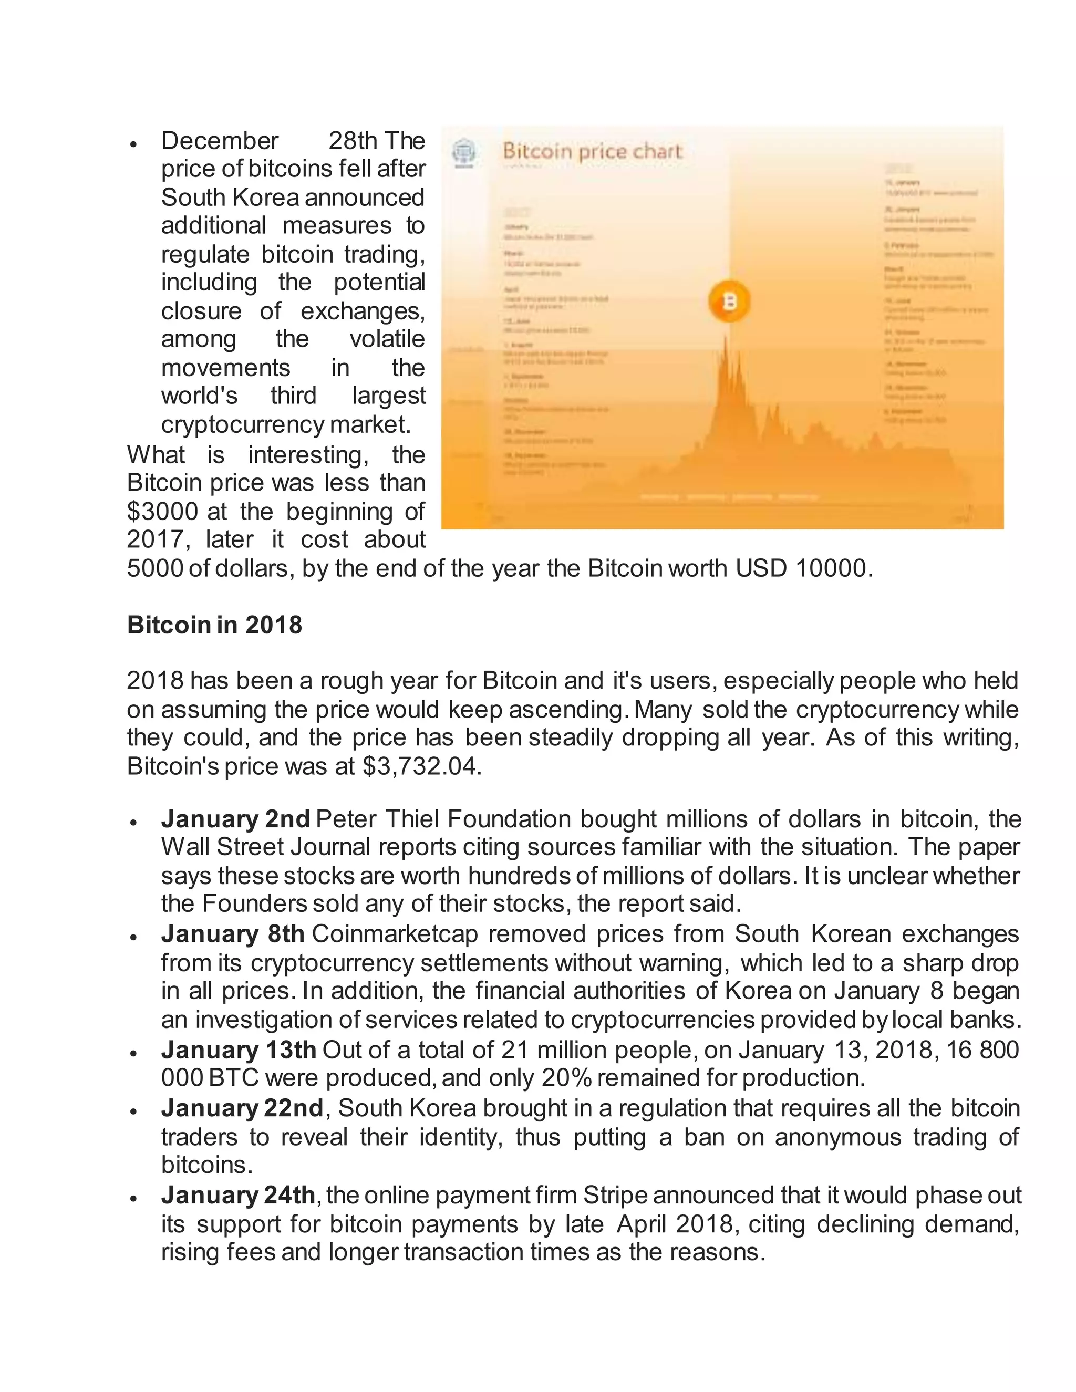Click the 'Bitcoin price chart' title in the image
point(592,152)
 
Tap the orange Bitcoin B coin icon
point(729,301)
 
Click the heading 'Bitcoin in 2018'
point(214,625)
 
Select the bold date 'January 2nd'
point(235,819)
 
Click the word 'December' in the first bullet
point(219,140)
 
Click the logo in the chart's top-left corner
point(464,153)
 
